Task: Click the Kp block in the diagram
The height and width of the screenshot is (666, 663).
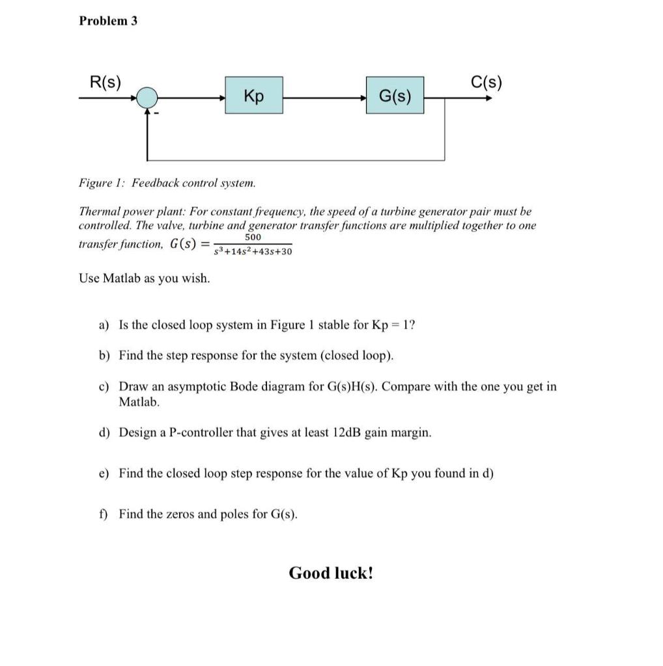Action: pyautogui.click(x=254, y=96)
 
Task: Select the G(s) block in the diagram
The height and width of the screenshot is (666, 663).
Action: pyautogui.click(x=395, y=96)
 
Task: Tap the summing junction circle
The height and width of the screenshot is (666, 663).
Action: pyautogui.click(x=148, y=98)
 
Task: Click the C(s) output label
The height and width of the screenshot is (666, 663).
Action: pyautogui.click(x=486, y=82)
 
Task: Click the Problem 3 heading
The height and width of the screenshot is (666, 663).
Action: pyautogui.click(x=108, y=21)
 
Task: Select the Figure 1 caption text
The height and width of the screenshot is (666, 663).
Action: pyautogui.click(x=167, y=183)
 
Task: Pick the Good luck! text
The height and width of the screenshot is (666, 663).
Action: pyautogui.click(x=331, y=573)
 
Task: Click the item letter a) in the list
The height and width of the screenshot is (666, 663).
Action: pyautogui.click(x=104, y=325)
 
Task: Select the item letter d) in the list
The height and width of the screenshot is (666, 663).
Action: pyautogui.click(x=104, y=433)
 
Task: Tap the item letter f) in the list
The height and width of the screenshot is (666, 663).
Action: pyautogui.click(x=104, y=514)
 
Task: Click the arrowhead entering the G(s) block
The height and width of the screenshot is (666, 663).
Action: pyautogui.click(x=362, y=98)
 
